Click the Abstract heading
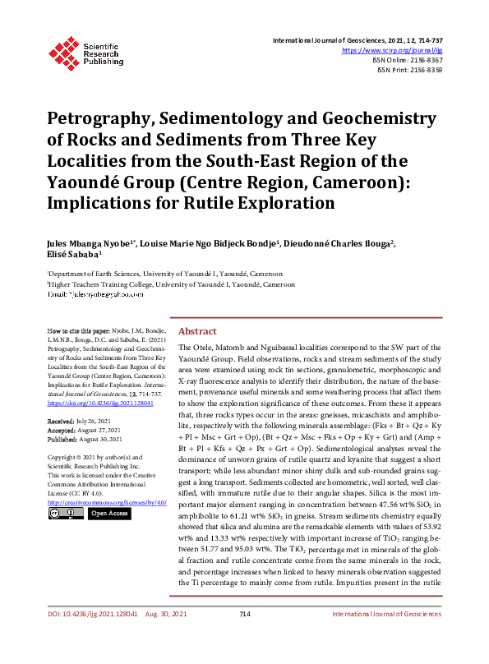[197, 331]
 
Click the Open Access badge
[108, 514]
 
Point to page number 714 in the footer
[244, 638]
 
